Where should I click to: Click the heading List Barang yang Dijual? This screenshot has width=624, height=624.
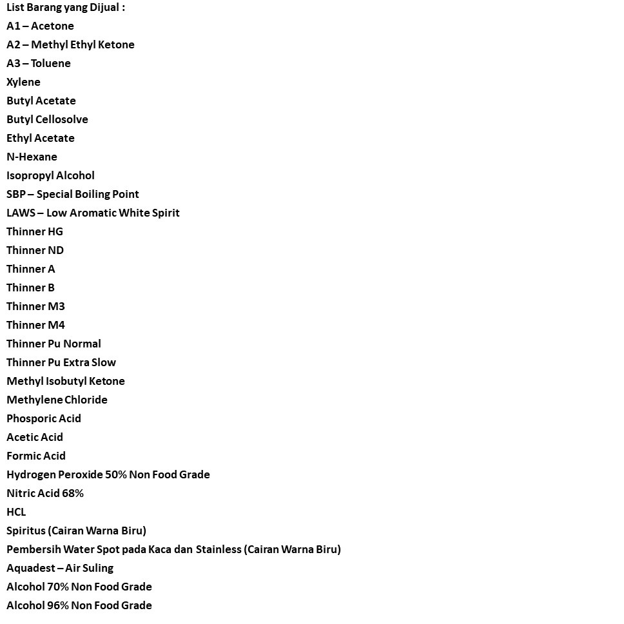66,8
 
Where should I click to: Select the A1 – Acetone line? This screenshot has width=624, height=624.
40,26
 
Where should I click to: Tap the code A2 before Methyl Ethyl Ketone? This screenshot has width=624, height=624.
13,45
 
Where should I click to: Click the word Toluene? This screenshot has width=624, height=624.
51,64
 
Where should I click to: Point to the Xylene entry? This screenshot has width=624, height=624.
23,83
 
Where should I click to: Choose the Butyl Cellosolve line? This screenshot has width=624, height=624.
47,120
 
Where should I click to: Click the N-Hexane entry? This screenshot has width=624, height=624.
32,157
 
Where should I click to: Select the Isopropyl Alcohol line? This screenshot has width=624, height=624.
50,176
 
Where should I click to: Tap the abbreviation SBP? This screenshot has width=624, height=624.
15,195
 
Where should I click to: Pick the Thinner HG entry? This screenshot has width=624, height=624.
35,232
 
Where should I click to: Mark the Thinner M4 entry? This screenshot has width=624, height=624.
35,326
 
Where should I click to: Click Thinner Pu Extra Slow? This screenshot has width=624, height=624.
61,363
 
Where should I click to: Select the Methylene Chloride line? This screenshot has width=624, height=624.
57,400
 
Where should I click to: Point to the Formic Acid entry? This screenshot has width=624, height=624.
36,456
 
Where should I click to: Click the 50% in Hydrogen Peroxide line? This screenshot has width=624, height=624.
116,475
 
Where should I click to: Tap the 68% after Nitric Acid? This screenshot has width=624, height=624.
73,494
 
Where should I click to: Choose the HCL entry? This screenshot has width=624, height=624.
16,512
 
